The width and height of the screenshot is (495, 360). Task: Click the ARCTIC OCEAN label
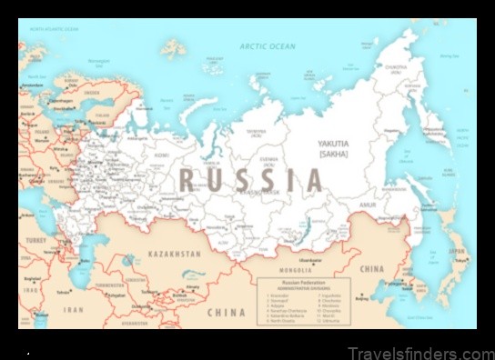click(x=268, y=45)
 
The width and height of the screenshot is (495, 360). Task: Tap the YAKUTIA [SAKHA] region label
click(x=332, y=148)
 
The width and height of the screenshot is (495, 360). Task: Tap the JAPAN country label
click(x=457, y=252)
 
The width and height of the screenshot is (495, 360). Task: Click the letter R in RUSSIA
click(x=188, y=178)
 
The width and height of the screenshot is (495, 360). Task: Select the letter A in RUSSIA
click(x=313, y=179)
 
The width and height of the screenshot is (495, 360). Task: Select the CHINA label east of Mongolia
click(x=372, y=269)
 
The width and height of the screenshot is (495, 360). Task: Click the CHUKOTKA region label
click(x=395, y=65)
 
